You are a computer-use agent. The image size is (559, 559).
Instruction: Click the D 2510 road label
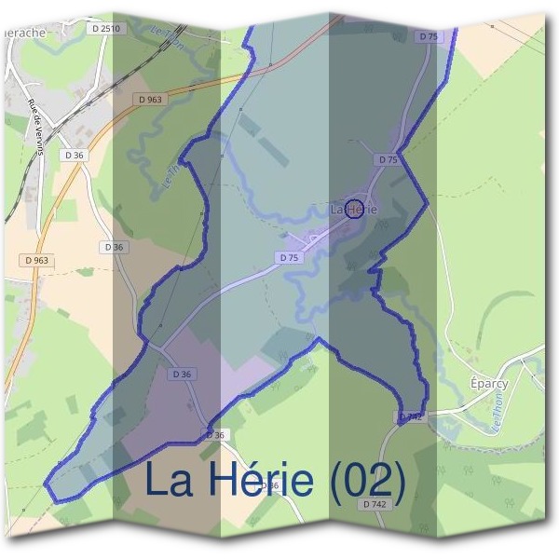tap(107, 29)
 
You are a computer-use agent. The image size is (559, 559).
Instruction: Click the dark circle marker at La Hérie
tap(354, 209)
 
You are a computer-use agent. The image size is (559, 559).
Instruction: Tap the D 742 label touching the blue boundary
tap(411, 417)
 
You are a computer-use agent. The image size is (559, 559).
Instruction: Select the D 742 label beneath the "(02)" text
tap(374, 504)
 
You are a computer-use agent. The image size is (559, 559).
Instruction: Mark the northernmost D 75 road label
tap(429, 35)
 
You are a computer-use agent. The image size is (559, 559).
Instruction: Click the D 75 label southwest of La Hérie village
tap(288, 257)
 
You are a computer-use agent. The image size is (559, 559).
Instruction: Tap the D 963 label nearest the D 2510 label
tap(149, 99)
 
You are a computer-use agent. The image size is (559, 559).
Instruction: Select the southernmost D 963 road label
tap(37, 261)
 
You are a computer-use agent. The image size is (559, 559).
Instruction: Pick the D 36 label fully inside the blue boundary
tap(182, 374)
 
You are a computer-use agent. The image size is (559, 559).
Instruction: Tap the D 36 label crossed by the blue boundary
tap(215, 435)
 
